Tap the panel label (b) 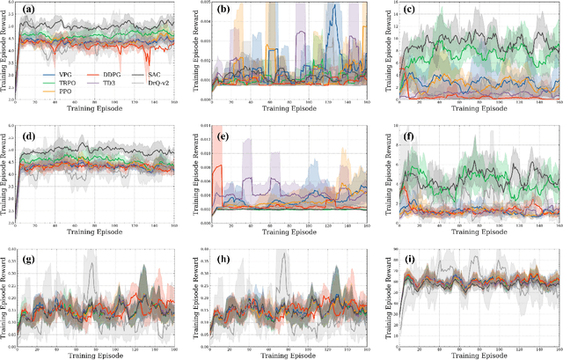[x=223, y=11]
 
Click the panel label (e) [x=223, y=136]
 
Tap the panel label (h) [x=223, y=261]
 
